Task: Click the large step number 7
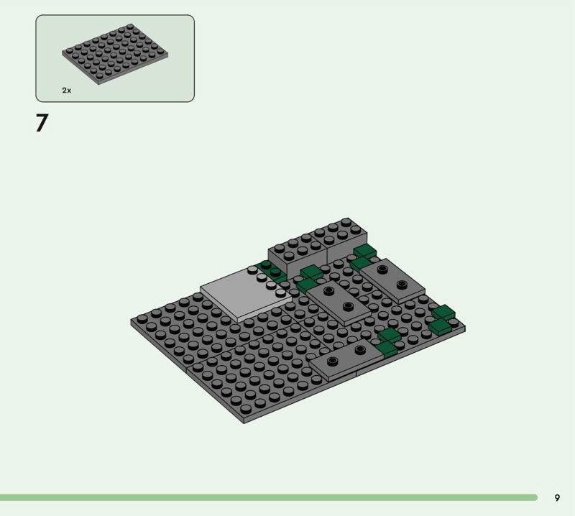[x=42, y=123]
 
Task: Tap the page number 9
[x=557, y=497]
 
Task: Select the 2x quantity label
[x=67, y=91]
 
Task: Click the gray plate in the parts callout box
[x=115, y=54]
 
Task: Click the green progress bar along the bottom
[x=269, y=497]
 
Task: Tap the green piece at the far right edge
[x=441, y=319]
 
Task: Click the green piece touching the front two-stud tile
[x=387, y=342]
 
